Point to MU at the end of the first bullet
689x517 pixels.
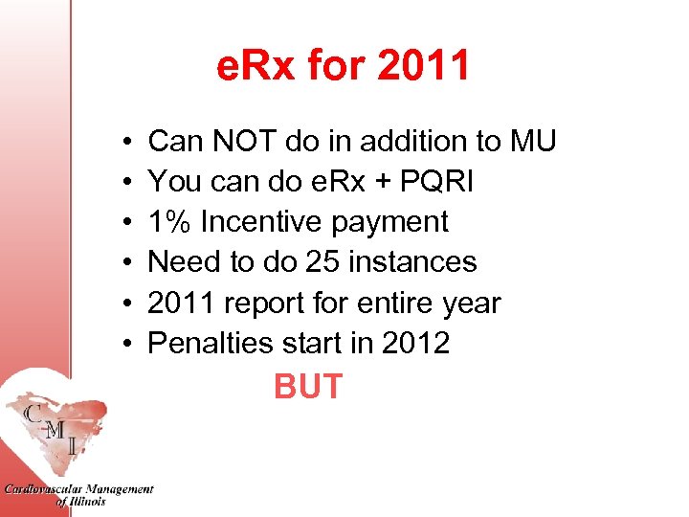[532, 142]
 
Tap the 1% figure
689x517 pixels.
[167, 222]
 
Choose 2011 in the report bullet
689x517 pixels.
[182, 303]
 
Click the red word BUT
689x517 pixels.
[307, 387]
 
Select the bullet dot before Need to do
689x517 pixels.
[127, 262]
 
